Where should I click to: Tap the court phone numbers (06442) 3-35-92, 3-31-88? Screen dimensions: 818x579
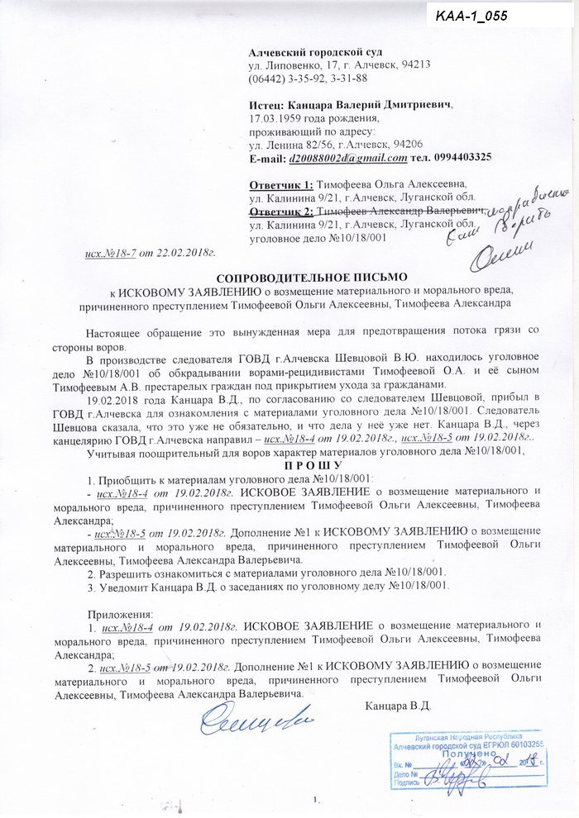pos(308,78)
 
